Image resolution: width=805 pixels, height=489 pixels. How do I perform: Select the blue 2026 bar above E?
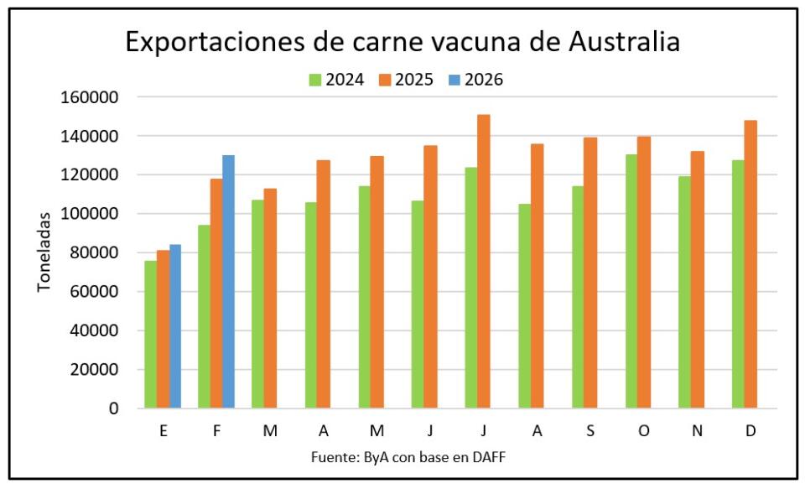coord(175,326)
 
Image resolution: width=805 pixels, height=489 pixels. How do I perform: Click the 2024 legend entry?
coord(336,80)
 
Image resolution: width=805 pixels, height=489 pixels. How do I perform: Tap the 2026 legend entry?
coord(475,80)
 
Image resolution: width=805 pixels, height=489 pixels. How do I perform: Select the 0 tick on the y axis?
coord(113,408)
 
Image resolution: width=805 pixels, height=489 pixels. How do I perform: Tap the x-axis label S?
coord(591,430)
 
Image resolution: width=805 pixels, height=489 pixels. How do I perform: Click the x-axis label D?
coord(750,430)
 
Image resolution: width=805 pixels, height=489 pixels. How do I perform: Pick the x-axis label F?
coord(216,430)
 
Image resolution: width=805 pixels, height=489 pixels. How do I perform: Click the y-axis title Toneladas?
coord(44,252)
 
